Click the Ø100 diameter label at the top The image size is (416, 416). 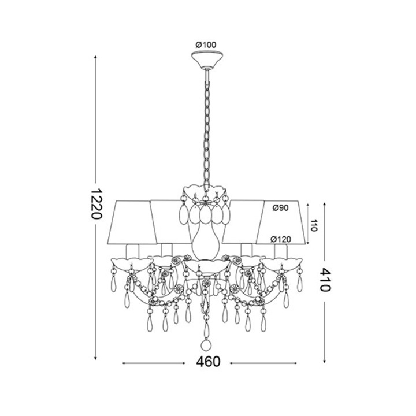point(206,44)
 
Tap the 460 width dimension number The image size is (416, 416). point(208,362)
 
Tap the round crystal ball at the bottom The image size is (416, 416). point(206,344)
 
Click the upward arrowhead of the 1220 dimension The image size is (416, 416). point(95,57)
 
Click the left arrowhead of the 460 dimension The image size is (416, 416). point(124,363)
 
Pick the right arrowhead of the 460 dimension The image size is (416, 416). point(291,363)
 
